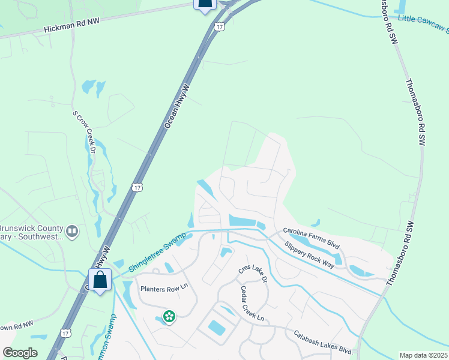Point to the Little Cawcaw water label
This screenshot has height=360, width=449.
423,23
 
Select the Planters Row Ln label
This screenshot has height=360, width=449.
164,287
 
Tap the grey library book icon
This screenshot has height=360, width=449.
72,231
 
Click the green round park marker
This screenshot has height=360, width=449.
169,316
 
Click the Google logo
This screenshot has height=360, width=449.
20,352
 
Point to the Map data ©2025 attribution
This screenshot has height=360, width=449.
424,355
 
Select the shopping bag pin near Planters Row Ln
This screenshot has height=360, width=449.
100,280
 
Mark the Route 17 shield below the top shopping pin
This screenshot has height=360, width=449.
220,26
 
